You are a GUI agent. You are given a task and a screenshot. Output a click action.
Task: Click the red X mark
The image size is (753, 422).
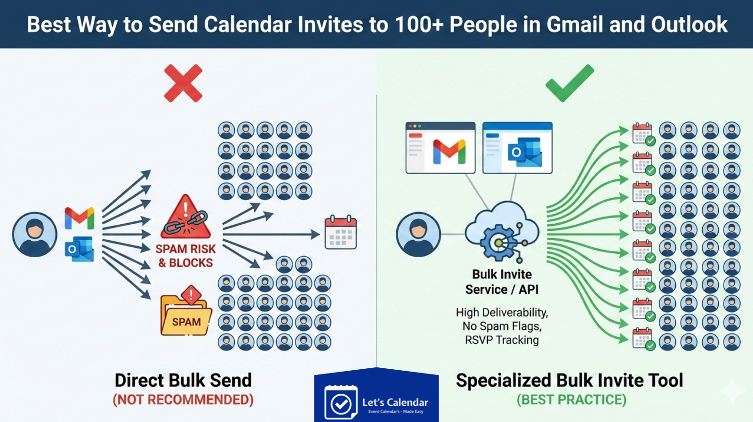(x=183, y=83)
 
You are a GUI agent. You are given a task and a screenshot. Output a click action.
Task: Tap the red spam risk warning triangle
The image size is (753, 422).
(x=186, y=218)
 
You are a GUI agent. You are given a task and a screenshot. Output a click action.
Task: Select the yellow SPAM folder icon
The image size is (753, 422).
(x=186, y=313)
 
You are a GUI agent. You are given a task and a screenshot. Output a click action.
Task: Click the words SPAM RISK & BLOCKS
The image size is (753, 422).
(x=185, y=256)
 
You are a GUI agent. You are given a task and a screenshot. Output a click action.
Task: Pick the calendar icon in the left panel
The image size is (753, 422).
(x=341, y=232)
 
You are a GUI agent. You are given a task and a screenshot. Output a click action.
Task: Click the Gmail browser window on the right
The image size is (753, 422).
(x=441, y=148)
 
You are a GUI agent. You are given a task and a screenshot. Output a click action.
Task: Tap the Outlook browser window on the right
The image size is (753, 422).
(x=517, y=148)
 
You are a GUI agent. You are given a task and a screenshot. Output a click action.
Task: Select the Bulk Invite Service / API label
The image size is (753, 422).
(x=502, y=282)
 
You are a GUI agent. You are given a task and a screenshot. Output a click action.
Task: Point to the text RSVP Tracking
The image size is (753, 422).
(x=502, y=340)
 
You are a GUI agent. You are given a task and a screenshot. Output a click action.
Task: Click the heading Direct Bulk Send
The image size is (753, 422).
(x=183, y=380)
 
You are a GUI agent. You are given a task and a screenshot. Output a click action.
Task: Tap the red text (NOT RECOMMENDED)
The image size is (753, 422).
(x=183, y=400)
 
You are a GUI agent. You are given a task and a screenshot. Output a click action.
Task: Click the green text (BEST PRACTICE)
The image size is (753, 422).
(x=571, y=400)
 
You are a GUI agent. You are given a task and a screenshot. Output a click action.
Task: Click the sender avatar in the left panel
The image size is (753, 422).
(x=35, y=234)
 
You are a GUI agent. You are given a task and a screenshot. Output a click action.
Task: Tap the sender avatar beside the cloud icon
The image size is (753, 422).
(x=418, y=234)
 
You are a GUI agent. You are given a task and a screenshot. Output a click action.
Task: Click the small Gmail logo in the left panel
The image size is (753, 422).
(x=80, y=218)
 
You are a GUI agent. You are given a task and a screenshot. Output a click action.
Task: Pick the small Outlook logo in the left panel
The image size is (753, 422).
(x=80, y=249)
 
